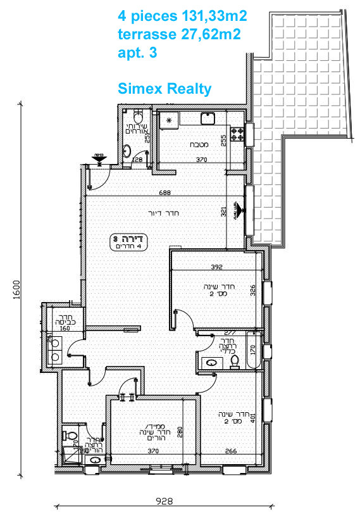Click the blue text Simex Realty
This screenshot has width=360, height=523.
click(x=164, y=88)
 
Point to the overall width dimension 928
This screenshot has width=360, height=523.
click(x=164, y=500)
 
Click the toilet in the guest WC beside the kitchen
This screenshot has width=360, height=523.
click(x=139, y=117)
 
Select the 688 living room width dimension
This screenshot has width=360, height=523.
click(x=166, y=192)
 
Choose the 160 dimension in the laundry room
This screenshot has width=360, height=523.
click(x=65, y=329)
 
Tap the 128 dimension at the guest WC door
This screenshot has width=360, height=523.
click(x=138, y=161)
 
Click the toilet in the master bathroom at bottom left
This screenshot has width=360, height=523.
click(x=71, y=436)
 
